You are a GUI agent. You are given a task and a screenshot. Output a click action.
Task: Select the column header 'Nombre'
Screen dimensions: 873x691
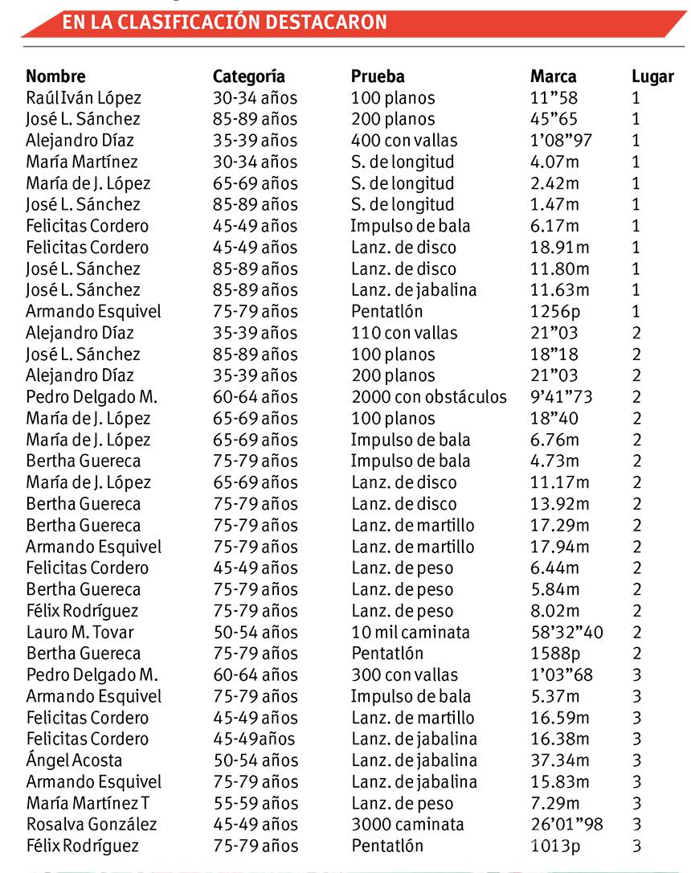pyautogui.click(x=55, y=77)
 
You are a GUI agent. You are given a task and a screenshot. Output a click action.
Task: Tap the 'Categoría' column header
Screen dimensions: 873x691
pyautogui.click(x=249, y=77)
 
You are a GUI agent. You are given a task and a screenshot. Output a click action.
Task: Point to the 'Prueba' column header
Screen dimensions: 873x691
pyautogui.click(x=378, y=77)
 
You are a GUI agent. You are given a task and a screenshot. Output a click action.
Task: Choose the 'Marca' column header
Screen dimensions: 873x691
pyautogui.click(x=554, y=77)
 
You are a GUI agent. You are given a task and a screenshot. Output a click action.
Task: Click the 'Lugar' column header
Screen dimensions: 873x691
pyautogui.click(x=652, y=77)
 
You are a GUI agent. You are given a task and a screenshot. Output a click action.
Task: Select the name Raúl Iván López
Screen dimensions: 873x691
pyautogui.click(x=84, y=98)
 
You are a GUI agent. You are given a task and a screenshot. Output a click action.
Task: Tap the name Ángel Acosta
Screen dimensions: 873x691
pyautogui.click(x=74, y=760)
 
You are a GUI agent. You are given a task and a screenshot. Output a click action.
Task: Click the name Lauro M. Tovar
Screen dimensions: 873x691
pyautogui.click(x=80, y=632)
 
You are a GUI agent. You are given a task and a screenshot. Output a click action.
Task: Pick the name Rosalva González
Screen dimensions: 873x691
pyautogui.click(x=92, y=824)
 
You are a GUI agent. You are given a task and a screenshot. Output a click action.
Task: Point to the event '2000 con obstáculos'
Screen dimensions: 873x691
pyautogui.click(x=429, y=397)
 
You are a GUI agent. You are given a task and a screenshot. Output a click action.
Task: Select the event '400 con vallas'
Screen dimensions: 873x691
pyautogui.click(x=404, y=141)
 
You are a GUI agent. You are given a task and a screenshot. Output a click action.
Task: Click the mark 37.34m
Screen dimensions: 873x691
pyautogui.click(x=560, y=760)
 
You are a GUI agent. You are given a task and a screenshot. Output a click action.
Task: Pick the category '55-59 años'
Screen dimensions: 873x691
pyautogui.click(x=255, y=803)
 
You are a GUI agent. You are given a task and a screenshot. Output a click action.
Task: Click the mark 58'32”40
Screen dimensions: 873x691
pyautogui.click(x=566, y=632)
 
